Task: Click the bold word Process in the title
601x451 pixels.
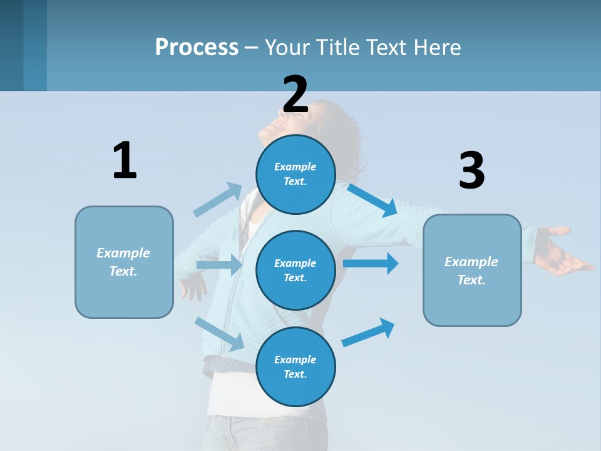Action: pos(197,47)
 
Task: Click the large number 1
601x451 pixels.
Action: pos(125,160)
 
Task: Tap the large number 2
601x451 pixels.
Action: pos(295,95)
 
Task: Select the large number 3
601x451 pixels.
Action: pos(471,171)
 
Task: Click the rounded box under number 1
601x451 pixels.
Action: pos(124,262)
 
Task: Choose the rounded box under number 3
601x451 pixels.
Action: pos(472,270)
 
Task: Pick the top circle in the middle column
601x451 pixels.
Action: pos(295,174)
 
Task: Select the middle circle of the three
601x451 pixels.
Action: pos(295,270)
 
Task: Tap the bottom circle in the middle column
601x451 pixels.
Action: pos(295,366)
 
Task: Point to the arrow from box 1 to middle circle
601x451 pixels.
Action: pos(219,265)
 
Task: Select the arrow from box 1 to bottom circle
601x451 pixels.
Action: pos(219,333)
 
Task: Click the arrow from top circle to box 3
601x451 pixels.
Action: pos(372,199)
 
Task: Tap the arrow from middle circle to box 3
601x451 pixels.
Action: pos(371,263)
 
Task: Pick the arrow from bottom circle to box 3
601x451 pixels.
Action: pos(369,332)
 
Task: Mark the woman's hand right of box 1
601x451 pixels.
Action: pos(193,287)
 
